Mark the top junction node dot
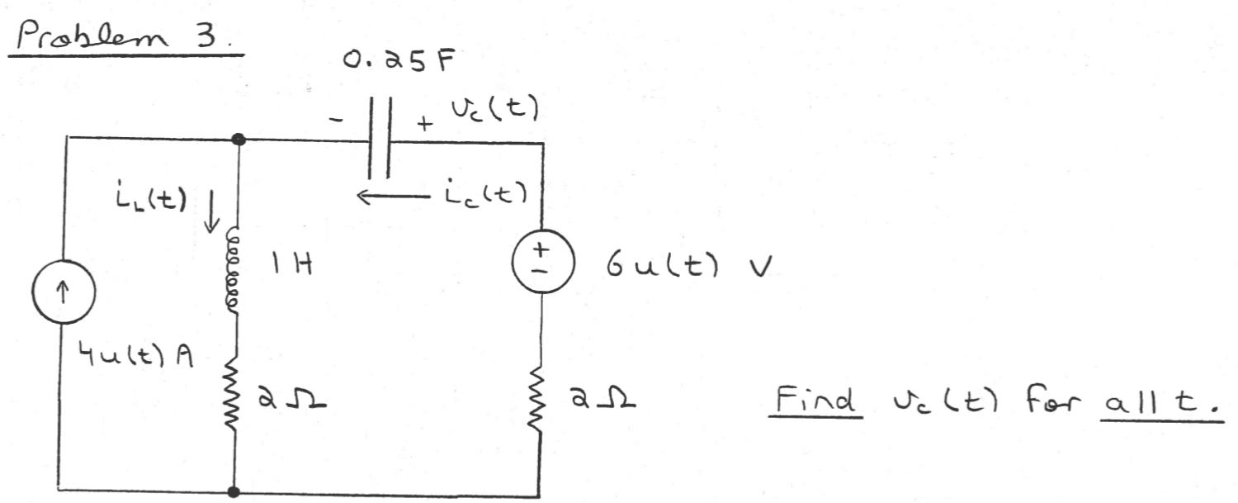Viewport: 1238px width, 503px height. (239, 140)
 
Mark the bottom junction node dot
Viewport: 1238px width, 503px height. (234, 492)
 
